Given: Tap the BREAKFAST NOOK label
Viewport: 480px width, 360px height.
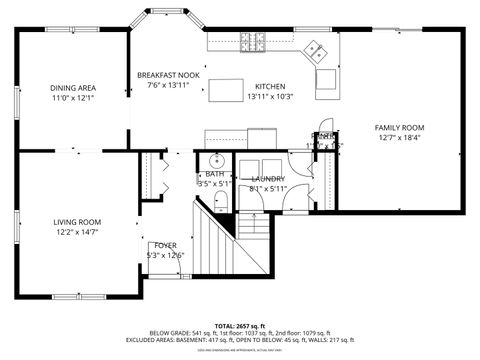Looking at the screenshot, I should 168,76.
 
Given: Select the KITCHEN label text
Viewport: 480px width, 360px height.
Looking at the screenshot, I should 271,86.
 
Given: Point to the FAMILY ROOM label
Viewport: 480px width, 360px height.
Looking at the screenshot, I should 400,128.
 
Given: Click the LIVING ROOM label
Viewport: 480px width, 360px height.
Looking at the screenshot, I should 77,222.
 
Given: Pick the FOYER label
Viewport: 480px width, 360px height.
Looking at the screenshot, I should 165,245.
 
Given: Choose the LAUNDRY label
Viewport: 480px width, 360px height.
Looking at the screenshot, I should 268,178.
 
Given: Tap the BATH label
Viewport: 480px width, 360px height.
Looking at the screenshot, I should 215,174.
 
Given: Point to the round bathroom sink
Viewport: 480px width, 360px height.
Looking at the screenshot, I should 215,160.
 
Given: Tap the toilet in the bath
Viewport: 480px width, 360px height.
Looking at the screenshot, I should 221,203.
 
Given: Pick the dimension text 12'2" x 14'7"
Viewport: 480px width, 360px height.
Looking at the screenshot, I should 77,232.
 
